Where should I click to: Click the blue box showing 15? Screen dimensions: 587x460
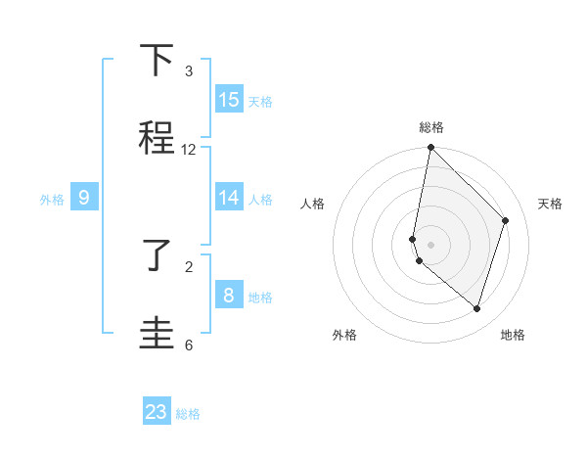tap(229, 100)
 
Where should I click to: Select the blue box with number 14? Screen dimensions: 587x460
tap(229, 198)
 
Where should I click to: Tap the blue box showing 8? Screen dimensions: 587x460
tap(229, 295)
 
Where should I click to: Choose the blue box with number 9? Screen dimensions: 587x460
tap(84, 198)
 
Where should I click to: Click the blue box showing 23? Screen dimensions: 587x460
tap(157, 412)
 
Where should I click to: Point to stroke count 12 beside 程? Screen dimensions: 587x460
tap(189, 150)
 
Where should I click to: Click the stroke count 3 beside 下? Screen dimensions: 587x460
tap(189, 71)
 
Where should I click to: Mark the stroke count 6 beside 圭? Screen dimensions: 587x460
tap(189, 345)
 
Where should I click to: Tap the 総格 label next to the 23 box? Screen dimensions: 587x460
tap(188, 414)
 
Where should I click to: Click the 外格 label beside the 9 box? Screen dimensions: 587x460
tap(52, 200)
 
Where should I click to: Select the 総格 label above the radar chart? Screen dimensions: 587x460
tap(431, 127)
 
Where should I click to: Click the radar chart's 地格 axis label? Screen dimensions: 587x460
tap(513, 335)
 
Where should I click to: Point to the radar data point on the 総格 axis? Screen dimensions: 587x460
tap(430, 148)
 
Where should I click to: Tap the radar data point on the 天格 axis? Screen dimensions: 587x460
tap(506, 220)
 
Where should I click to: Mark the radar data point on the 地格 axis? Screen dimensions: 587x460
tap(476, 308)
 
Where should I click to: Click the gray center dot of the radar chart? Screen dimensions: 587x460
tap(430, 244)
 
